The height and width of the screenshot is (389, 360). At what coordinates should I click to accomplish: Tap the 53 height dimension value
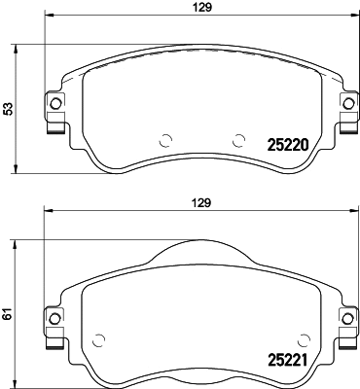click(9, 109)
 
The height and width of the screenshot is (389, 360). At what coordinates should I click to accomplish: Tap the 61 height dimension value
click(9, 313)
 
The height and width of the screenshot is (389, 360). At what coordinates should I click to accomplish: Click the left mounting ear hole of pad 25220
click(54, 104)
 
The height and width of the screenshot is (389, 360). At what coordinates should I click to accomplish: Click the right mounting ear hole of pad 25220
click(344, 104)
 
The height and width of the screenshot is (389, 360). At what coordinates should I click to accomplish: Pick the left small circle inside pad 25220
click(164, 138)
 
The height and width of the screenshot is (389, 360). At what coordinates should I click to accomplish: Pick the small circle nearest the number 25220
click(236, 138)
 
